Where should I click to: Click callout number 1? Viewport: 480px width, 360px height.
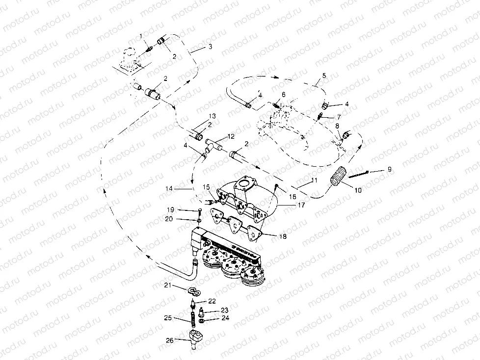pos(141,36)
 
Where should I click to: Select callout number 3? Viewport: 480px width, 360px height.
pos(210,47)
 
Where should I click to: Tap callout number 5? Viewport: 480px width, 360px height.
pos(324,76)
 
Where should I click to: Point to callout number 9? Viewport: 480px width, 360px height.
pos(389,170)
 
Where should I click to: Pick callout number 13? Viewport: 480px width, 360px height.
pos(212,116)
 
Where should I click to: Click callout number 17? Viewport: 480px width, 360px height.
pos(300,205)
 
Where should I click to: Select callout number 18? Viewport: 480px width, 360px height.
pos(283,236)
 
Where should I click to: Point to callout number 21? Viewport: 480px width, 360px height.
pos(167,285)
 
